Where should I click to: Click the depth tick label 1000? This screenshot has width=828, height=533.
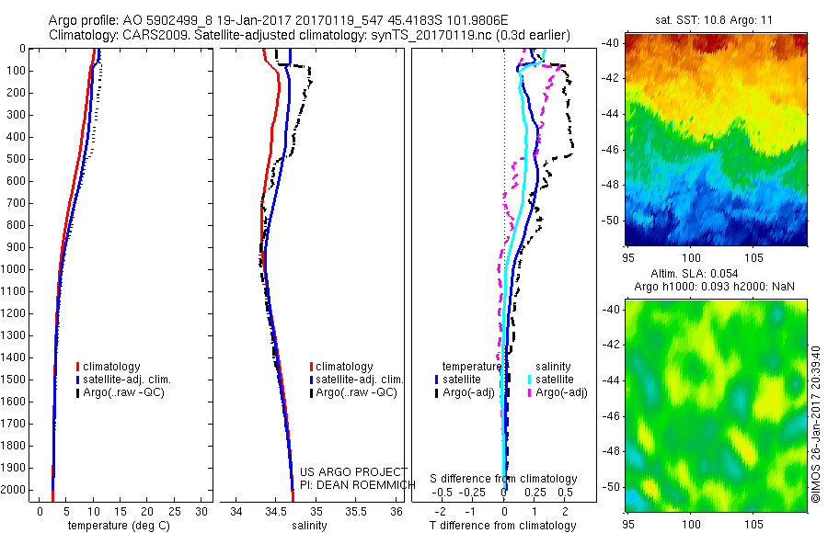[14, 269]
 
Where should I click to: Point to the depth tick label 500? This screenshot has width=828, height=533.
[17, 159]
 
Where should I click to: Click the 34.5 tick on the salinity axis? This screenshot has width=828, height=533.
[276, 510]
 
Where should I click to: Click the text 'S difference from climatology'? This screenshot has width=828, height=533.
[505, 479]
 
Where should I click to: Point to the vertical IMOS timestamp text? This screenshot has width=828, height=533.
[816, 424]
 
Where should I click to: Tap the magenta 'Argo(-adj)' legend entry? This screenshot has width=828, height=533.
[560, 392]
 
